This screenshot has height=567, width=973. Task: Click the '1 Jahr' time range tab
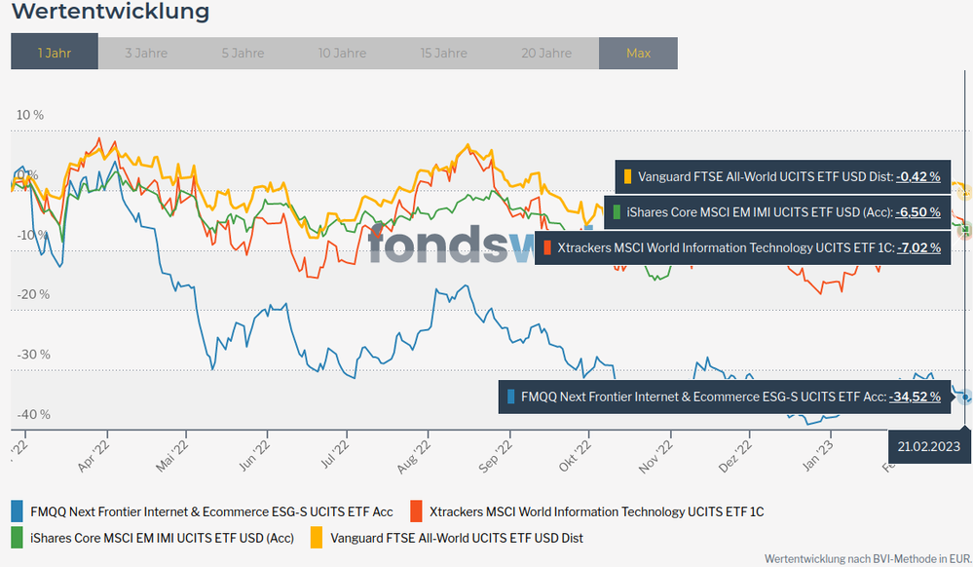(55, 53)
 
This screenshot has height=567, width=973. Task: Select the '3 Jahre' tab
(146, 53)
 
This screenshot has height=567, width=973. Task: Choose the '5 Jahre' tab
(243, 53)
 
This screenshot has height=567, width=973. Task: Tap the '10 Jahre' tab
(343, 53)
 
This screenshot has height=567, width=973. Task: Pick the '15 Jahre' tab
(444, 53)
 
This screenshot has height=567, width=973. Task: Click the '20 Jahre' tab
(546, 53)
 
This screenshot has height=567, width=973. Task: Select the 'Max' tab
(638, 53)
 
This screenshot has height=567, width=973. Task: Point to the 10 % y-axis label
(30, 115)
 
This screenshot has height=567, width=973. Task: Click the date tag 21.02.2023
(930, 446)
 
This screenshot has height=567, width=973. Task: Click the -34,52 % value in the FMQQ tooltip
(915, 397)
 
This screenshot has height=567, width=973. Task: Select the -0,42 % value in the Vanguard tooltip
(918, 176)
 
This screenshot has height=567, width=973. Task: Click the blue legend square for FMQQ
(17, 510)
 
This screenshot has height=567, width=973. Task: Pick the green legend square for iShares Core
(17, 537)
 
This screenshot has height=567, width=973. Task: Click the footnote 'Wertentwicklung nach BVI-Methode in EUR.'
(867, 559)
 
